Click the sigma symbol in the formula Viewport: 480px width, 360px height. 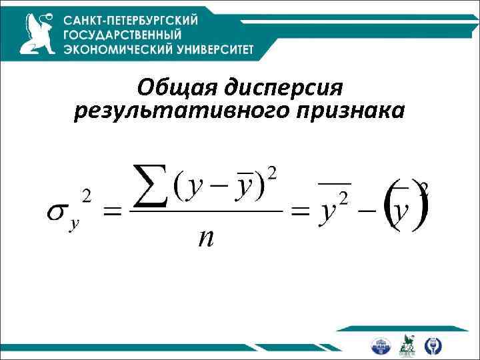[57, 211]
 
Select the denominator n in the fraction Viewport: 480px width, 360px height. [206, 237]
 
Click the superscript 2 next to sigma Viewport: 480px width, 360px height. [86, 195]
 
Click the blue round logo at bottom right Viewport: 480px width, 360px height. [381, 345]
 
